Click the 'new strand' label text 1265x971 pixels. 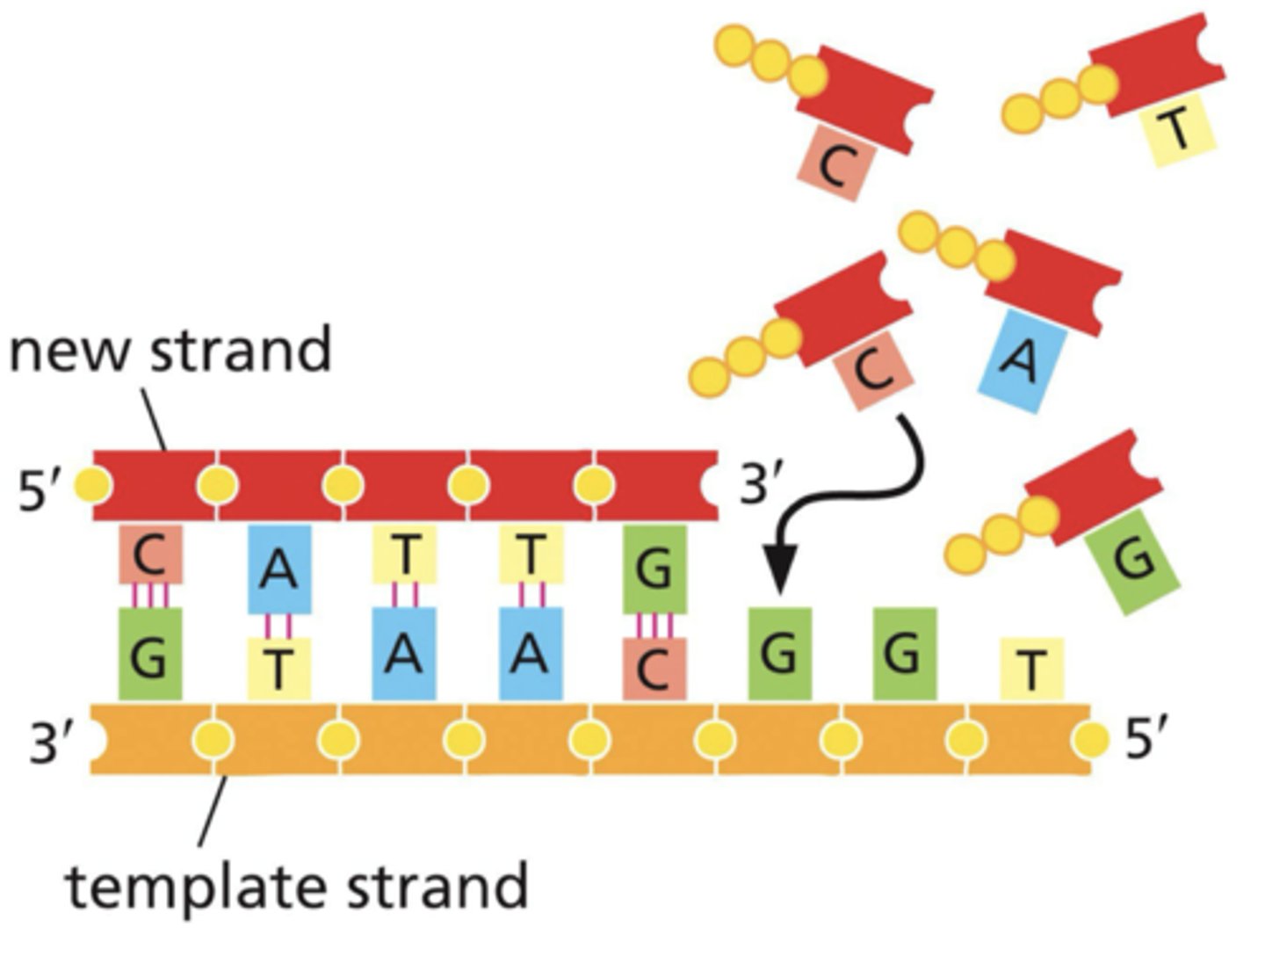click(170, 350)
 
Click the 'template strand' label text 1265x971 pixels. click(297, 886)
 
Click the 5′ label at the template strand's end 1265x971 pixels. click(1148, 740)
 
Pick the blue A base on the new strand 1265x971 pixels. click(278, 569)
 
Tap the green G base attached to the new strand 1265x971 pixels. click(654, 569)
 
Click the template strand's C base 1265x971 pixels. click(654, 670)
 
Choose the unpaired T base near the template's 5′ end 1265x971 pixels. click(1031, 670)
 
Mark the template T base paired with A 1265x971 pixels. click(278, 670)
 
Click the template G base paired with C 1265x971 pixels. click(150, 655)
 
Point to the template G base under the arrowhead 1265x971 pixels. click(779, 655)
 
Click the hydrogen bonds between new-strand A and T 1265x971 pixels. click(278, 626)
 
